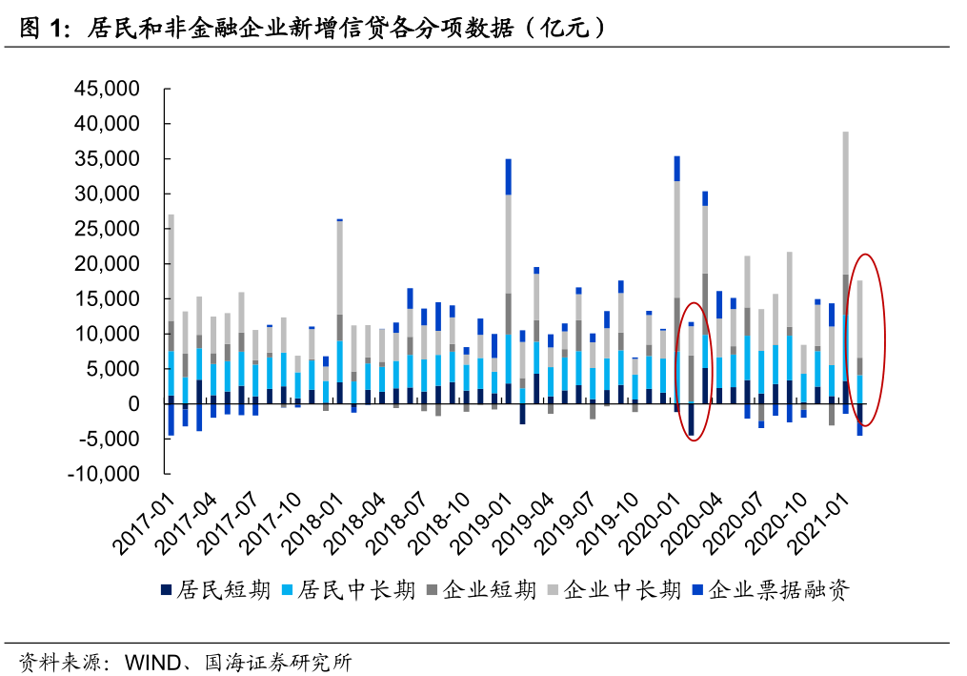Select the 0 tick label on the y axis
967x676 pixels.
click(x=133, y=404)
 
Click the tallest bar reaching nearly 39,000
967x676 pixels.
click(x=845, y=267)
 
